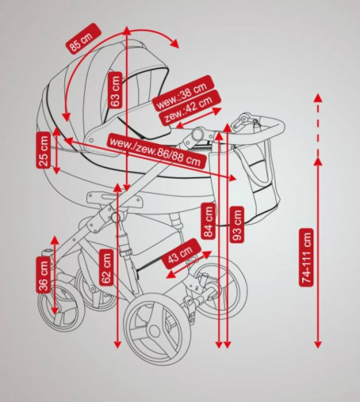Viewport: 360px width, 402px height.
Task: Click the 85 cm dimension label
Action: pos(83,39)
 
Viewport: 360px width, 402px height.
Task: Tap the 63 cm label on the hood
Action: pos(115,91)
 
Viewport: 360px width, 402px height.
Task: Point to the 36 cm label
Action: pos(43,274)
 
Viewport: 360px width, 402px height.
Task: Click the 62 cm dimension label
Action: pos(106,267)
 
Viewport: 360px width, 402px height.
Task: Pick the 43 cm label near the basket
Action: pos(181,253)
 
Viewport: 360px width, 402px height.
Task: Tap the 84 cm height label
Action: pos(208,221)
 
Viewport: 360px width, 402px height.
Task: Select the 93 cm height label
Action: pos(237,224)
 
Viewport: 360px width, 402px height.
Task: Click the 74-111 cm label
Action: pos(307,257)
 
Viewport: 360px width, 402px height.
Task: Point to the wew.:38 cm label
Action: pos(183,93)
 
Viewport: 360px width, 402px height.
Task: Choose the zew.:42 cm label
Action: pos(190,108)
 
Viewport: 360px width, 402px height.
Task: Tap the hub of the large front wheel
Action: pos(154,330)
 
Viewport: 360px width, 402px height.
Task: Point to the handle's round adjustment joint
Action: pos(198,133)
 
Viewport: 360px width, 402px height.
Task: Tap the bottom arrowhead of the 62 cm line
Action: pos(117,345)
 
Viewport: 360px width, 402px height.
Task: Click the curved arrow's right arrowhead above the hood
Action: pos(175,43)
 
